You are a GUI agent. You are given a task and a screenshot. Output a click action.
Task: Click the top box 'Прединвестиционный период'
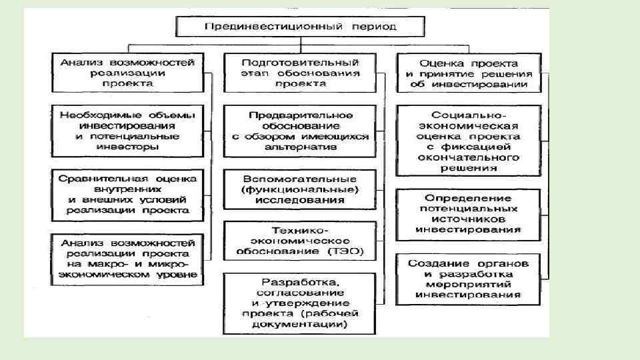pyautogui.click(x=299, y=27)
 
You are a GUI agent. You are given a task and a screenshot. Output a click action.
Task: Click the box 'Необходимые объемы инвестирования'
pyautogui.click(x=127, y=130)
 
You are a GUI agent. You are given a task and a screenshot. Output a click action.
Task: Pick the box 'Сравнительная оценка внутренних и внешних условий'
pyautogui.click(x=127, y=194)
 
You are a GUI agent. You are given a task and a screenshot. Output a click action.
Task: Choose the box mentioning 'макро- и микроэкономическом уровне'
pyautogui.click(x=127, y=259)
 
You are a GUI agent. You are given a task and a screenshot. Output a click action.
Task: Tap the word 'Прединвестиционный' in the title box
pyautogui.click(x=259, y=27)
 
